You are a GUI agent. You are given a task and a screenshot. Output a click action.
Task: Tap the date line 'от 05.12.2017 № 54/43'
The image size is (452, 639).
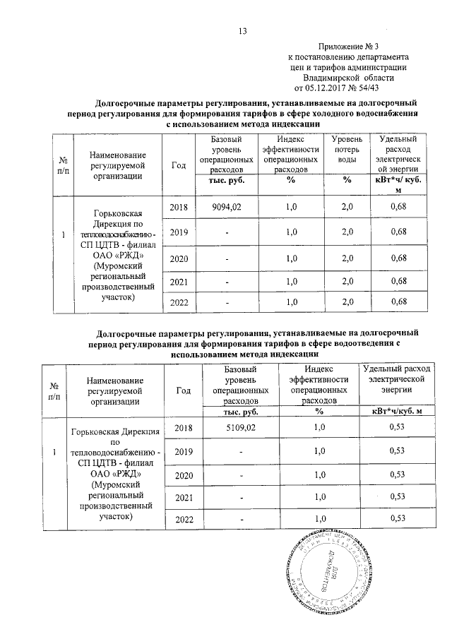click(x=342, y=88)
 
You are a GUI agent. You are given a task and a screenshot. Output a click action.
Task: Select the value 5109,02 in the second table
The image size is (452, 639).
click(x=240, y=428)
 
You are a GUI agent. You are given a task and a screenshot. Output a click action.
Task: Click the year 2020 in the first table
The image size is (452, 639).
click(x=179, y=258)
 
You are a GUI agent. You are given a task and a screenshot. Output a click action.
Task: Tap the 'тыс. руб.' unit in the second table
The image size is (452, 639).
click(x=240, y=410)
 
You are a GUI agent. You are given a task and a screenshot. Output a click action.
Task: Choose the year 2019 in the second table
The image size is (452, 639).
click(x=183, y=450)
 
